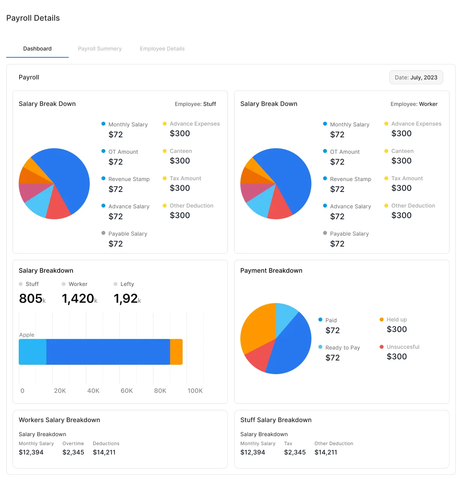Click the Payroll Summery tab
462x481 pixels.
(x=100, y=49)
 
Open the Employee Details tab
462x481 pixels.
(x=162, y=49)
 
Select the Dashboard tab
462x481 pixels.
(x=37, y=49)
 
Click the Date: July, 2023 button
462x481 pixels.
(x=416, y=77)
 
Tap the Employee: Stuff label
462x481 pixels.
(x=195, y=104)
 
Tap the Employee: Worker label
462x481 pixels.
(x=414, y=104)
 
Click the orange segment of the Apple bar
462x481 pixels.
(x=176, y=352)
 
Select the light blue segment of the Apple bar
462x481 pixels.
(x=32, y=352)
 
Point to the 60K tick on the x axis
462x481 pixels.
(x=126, y=390)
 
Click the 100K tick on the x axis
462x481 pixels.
(x=195, y=390)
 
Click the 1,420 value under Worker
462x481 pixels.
(x=78, y=298)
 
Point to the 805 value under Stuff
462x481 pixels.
(x=31, y=298)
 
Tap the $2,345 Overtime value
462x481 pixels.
(x=73, y=452)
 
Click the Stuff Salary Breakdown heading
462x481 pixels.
(x=276, y=420)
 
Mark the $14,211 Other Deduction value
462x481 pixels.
(x=326, y=452)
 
